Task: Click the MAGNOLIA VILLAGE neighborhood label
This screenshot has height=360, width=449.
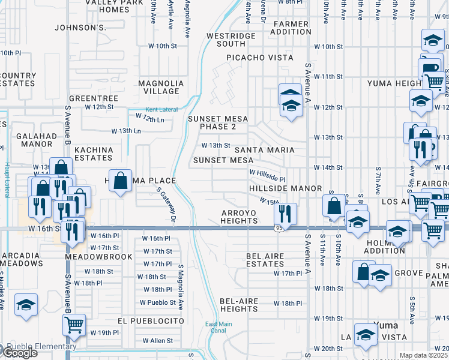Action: tap(161, 87)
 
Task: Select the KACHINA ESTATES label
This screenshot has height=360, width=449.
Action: tap(94, 154)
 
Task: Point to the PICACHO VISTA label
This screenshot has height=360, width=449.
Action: tap(259, 58)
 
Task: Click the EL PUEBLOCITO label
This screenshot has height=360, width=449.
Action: tap(151, 321)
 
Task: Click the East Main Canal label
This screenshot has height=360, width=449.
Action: tap(218, 328)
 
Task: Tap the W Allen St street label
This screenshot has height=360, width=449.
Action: tap(157, 341)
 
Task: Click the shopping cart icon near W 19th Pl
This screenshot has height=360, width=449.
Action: tap(74, 325)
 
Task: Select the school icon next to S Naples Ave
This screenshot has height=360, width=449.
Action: tap(26, 304)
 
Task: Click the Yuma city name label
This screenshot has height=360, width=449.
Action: tap(385, 325)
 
